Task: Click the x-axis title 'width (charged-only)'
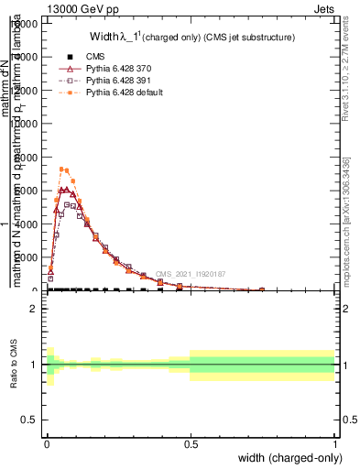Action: click(288, 458)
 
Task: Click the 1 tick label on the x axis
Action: click(334, 444)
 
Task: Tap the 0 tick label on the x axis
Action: click(46, 444)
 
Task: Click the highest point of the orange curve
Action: click(62, 169)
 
